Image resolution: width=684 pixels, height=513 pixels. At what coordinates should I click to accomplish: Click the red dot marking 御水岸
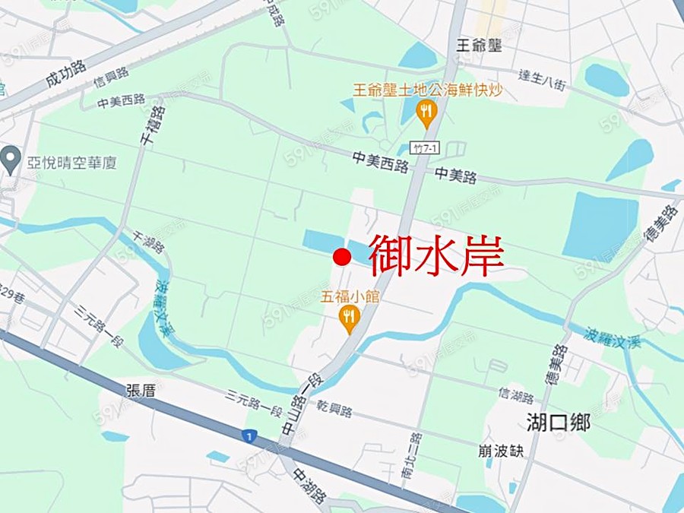[342, 257]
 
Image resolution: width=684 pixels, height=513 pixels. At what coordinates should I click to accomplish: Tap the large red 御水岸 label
[437, 255]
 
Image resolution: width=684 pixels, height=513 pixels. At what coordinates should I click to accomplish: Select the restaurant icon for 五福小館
[349, 319]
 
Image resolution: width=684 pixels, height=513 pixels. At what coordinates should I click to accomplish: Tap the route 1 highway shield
[248, 437]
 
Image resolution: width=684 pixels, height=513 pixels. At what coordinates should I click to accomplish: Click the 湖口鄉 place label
[558, 423]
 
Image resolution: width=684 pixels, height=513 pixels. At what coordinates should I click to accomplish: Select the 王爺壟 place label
[480, 46]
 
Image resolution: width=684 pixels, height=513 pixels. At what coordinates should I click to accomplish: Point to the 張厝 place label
[141, 391]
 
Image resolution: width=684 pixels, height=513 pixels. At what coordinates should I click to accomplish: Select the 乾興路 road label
[335, 411]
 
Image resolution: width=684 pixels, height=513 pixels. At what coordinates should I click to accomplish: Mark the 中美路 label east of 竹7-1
[456, 176]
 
